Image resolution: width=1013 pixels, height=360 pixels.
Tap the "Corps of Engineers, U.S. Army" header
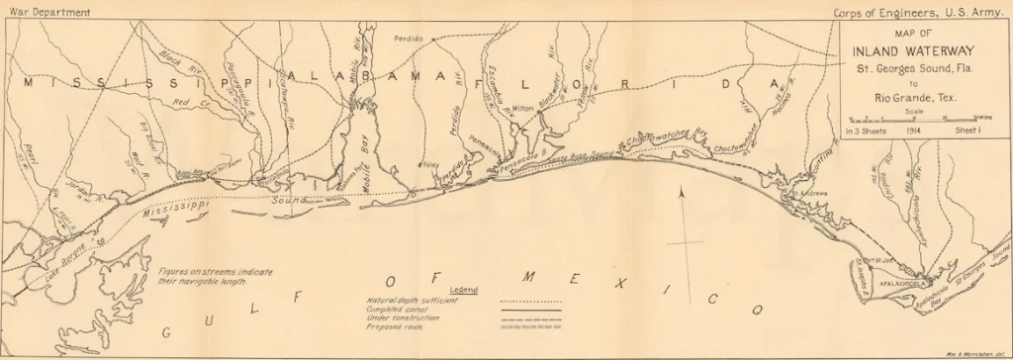click(x=914, y=12)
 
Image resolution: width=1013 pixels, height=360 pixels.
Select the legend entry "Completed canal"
click(x=396, y=309)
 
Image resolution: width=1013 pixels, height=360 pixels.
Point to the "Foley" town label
click(x=432, y=164)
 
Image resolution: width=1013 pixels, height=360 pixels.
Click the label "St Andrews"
click(x=809, y=192)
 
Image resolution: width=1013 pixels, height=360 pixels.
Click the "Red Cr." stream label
click(x=188, y=102)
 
